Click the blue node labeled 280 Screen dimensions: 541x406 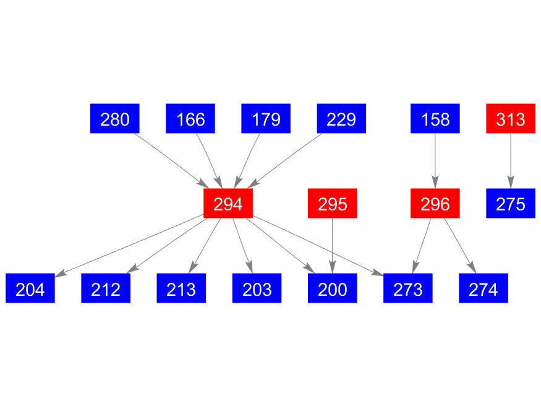pos(114,118)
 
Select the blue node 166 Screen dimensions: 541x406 pos(190,118)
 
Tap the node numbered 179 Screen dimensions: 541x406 pos(266,118)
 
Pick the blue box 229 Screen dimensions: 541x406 pos(341,118)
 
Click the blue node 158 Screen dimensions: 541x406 pos(435,118)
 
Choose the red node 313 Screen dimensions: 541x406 pos(511,118)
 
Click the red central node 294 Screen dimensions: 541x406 pos(228,204)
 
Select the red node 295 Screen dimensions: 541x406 pos(332,204)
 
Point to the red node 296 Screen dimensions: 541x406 pos(435,204)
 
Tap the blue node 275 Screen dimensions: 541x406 pos(511,204)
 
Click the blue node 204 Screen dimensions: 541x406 pos(30,288)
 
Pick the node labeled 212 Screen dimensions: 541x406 pos(106,288)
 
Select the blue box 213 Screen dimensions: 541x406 pos(181,288)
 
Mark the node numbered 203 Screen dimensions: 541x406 pos(257,288)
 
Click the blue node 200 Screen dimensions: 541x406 pos(332,288)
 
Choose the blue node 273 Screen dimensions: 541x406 pos(408,288)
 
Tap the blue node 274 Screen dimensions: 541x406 pos(483,288)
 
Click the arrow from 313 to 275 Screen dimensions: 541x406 pos(511,161)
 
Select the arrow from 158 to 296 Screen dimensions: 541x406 pos(435,161)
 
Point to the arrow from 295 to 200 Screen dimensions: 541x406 pos(332,246)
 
